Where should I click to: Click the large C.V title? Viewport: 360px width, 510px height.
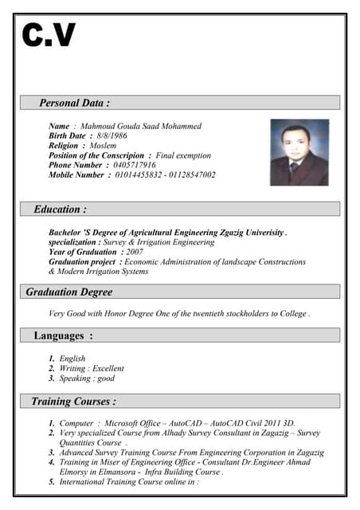(x=49, y=35)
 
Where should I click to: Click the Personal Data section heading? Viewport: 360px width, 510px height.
(x=74, y=103)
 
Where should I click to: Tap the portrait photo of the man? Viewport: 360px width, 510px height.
(x=299, y=152)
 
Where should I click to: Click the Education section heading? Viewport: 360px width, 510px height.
(x=60, y=210)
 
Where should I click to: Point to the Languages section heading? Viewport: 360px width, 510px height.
(x=63, y=336)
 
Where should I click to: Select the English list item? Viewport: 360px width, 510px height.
(x=72, y=359)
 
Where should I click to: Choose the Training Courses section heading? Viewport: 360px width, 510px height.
(x=73, y=401)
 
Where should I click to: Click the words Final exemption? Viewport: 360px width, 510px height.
(x=183, y=155)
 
